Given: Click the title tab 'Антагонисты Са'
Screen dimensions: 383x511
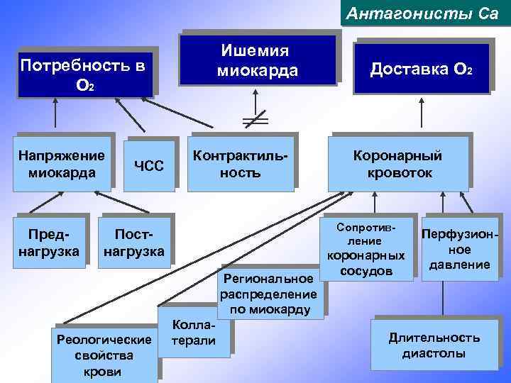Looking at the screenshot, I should [x=425, y=13].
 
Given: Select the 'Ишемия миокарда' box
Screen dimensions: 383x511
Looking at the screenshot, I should [x=258, y=60].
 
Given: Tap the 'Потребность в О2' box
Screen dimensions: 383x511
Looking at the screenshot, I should [x=84, y=74].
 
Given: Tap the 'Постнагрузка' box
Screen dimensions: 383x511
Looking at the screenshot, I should [x=134, y=243].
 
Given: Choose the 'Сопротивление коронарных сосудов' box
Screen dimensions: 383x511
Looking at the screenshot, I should [x=366, y=250].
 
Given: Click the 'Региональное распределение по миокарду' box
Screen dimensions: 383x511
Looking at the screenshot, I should [x=268, y=291].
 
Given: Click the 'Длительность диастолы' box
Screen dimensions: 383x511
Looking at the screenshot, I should [x=434, y=345].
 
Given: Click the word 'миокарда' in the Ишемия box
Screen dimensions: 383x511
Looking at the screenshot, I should [x=258, y=71].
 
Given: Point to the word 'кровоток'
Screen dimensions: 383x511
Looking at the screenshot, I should [x=399, y=173].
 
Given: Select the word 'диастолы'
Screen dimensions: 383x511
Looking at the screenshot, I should [x=434, y=353].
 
